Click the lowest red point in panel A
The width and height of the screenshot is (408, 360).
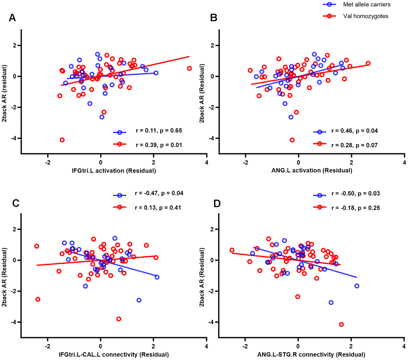(x=62, y=140)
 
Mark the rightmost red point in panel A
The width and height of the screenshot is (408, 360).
(x=189, y=68)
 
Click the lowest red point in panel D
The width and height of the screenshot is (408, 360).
(x=341, y=324)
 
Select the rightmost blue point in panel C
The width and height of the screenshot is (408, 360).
(x=157, y=277)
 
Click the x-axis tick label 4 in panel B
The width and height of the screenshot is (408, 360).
(x=404, y=163)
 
